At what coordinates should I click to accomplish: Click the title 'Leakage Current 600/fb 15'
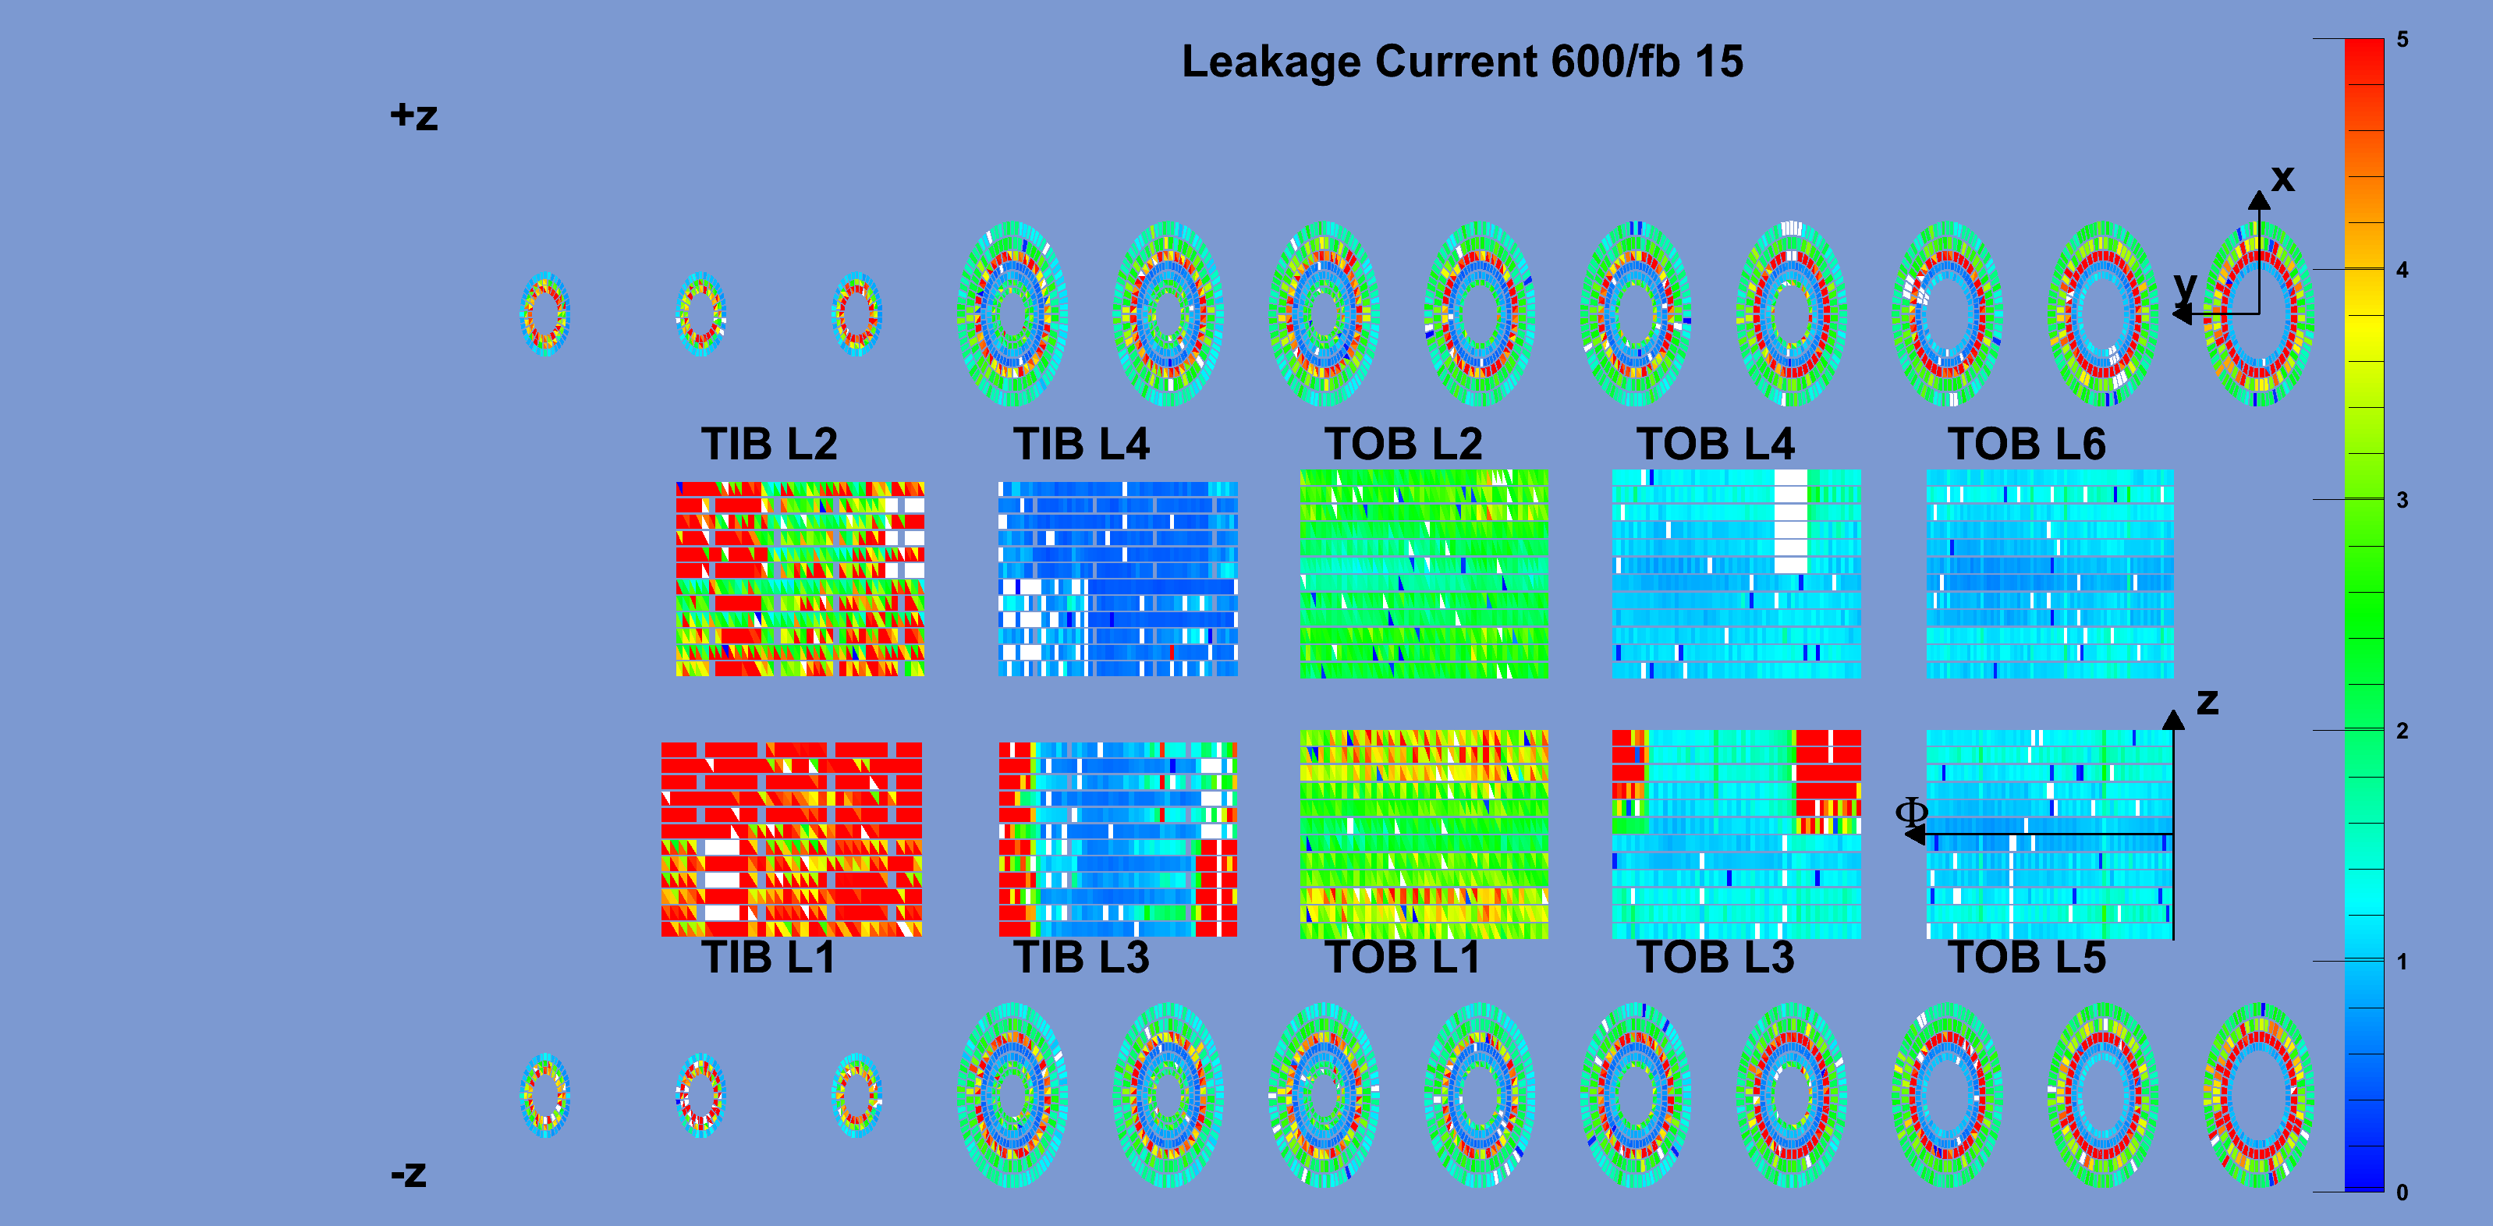[1463, 62]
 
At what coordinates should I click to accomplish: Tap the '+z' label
[414, 117]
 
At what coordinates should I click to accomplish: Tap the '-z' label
[409, 1174]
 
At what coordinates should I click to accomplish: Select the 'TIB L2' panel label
[769, 444]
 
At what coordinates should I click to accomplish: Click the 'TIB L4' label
[1081, 444]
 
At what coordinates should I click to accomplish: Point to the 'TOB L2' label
[1403, 444]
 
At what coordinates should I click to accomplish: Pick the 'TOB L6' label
[2027, 444]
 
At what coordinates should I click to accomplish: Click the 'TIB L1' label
[768, 957]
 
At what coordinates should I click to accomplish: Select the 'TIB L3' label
[1081, 957]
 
